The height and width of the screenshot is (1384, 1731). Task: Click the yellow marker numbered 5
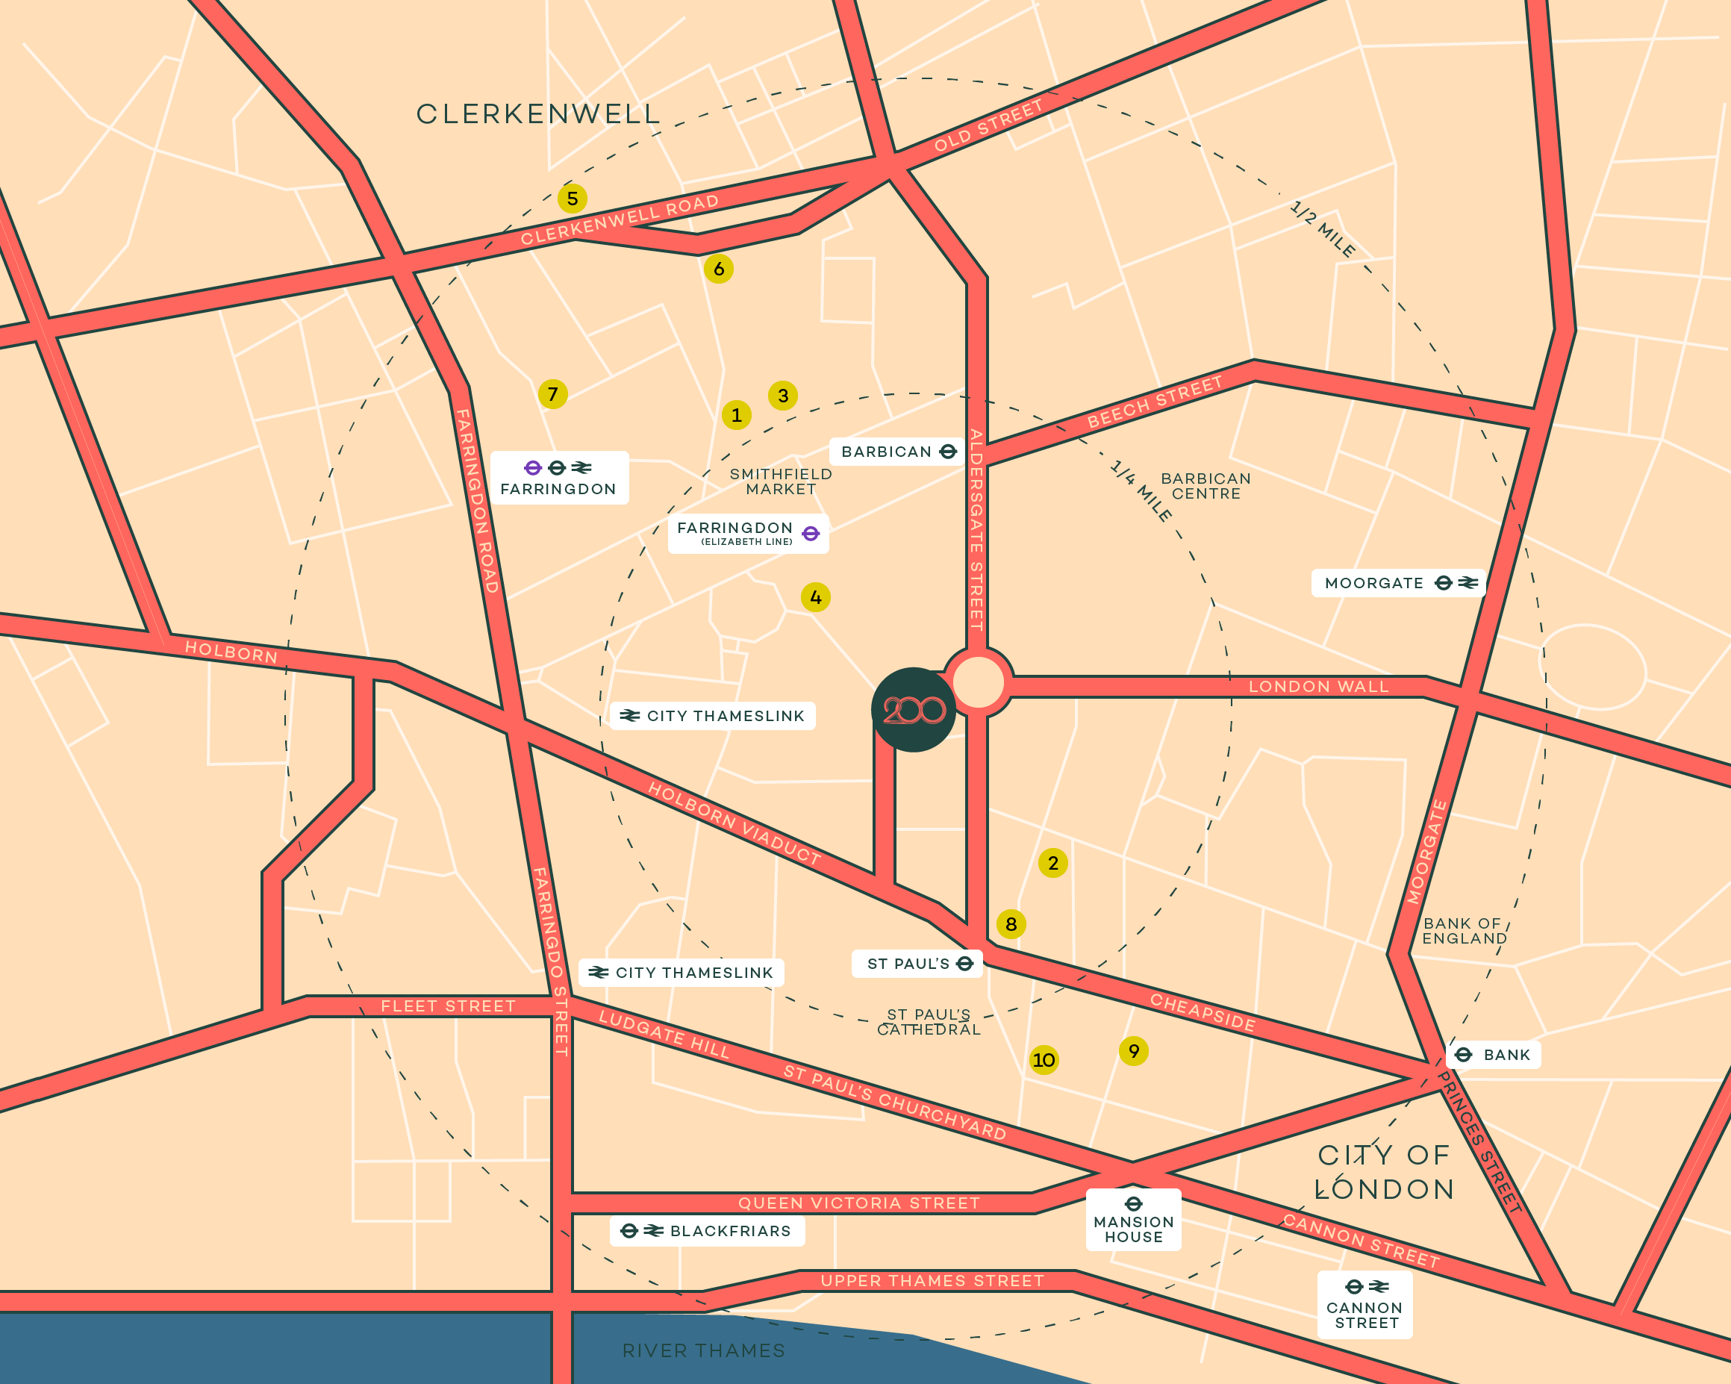tap(573, 199)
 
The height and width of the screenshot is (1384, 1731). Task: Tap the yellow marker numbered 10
tap(1044, 1060)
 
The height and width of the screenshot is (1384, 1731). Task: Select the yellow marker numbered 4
tap(816, 597)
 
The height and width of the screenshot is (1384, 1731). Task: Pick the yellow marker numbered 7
tap(552, 394)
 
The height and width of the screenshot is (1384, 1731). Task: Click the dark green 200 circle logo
tap(913, 710)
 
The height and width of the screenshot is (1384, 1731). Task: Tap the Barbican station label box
tap(898, 452)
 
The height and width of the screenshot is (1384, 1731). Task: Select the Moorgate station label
tap(1398, 583)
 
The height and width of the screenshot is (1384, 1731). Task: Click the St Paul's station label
tap(917, 963)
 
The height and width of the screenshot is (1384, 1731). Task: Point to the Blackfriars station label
tap(708, 1231)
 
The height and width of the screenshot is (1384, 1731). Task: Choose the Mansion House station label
tap(1133, 1221)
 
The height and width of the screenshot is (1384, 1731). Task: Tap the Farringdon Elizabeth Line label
tap(747, 533)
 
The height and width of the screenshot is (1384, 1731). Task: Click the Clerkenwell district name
tap(538, 114)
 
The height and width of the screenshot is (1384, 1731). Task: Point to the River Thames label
tap(703, 1350)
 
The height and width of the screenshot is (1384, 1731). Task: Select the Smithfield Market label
tap(780, 481)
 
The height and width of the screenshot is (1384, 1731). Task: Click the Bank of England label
tap(1464, 931)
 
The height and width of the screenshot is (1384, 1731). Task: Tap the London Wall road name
tap(1317, 686)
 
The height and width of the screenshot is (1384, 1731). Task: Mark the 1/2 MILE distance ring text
tap(1323, 230)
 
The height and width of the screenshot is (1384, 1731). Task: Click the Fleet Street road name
tap(448, 1006)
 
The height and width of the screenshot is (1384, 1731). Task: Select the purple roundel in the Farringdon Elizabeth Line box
tap(811, 533)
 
